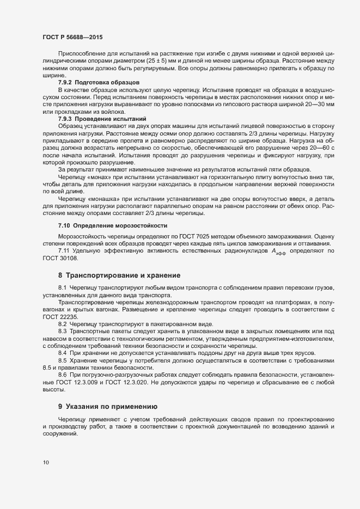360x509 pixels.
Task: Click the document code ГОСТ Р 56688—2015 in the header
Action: click(72, 38)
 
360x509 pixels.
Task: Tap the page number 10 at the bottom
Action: click(46, 463)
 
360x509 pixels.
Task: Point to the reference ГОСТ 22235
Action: click(57, 317)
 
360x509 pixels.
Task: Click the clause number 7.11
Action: click(64, 251)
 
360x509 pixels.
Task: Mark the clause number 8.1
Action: click(62, 287)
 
